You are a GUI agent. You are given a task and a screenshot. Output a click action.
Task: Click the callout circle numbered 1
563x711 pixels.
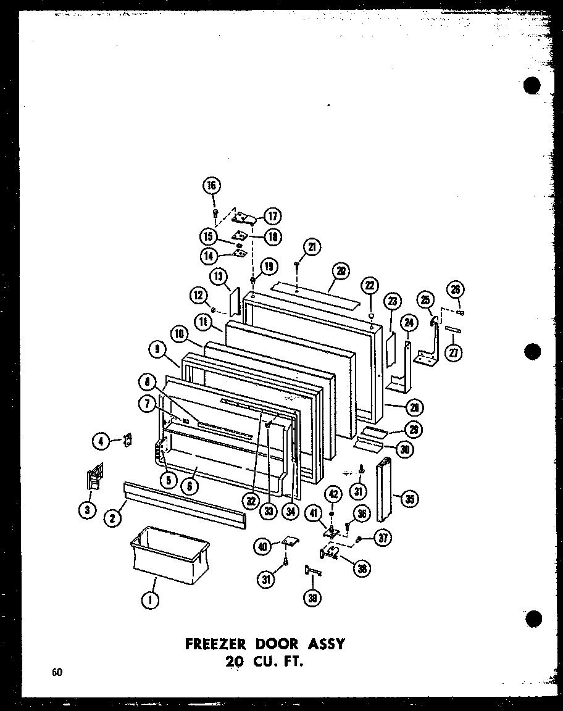150,599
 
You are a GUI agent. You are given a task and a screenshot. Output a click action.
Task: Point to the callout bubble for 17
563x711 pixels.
272,216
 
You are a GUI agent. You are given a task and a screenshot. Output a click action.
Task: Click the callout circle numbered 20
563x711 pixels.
341,270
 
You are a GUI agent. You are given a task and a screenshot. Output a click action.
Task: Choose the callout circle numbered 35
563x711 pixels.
408,499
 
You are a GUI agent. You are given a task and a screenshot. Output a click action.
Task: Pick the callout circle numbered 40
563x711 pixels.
262,545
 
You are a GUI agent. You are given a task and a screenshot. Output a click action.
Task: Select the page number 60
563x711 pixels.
58,673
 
